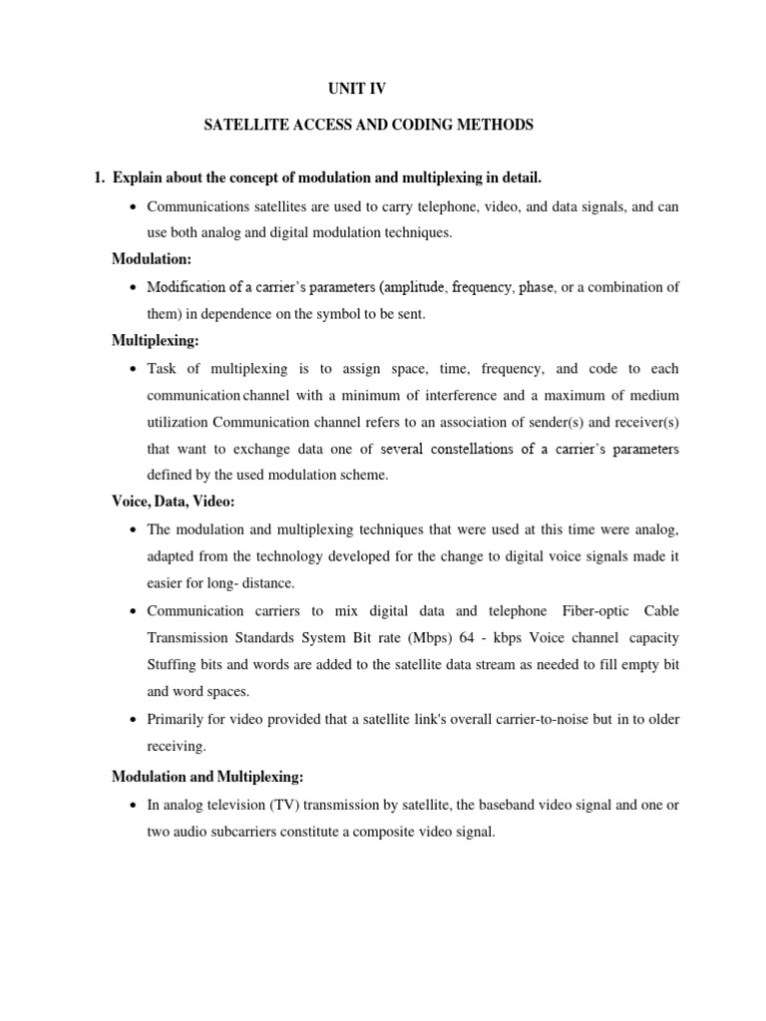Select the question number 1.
click(98, 178)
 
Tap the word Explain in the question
click(139, 178)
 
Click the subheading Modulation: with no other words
click(151, 259)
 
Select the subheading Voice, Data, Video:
click(173, 502)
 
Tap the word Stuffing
click(173, 664)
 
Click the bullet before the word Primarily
click(134, 719)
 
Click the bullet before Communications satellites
click(134, 206)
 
